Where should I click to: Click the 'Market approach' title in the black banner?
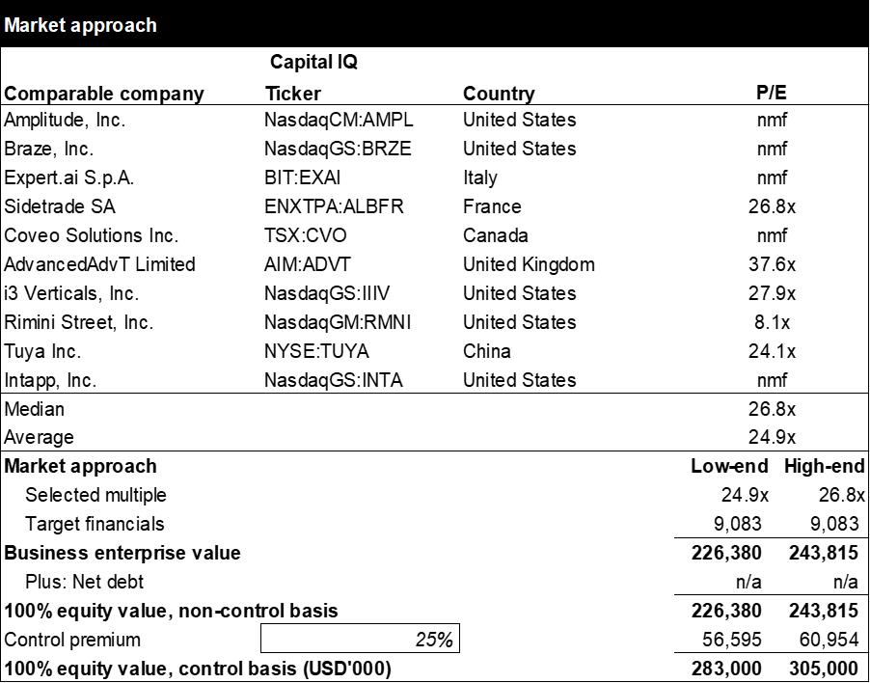tap(80, 25)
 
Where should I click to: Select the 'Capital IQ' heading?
tap(313, 62)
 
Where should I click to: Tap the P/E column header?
tap(772, 93)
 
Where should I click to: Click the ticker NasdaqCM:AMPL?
tap(339, 120)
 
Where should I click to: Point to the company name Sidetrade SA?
tap(60, 206)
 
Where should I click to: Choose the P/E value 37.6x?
tap(772, 264)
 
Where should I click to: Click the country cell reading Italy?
tap(480, 178)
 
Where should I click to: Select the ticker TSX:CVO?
tap(305, 235)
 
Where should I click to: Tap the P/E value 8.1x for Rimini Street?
tap(772, 322)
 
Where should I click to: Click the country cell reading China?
tap(486, 350)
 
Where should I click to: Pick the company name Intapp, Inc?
tap(50, 380)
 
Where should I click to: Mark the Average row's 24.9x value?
tap(772, 437)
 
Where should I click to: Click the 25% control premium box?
tap(360, 639)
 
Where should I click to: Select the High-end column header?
tap(824, 466)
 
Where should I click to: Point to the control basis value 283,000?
tap(726, 668)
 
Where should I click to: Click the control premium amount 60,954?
tap(829, 640)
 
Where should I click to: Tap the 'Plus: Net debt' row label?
tap(84, 582)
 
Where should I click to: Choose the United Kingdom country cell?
tap(529, 264)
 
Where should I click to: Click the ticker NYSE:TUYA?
tap(316, 350)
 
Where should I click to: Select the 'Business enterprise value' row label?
tap(122, 553)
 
